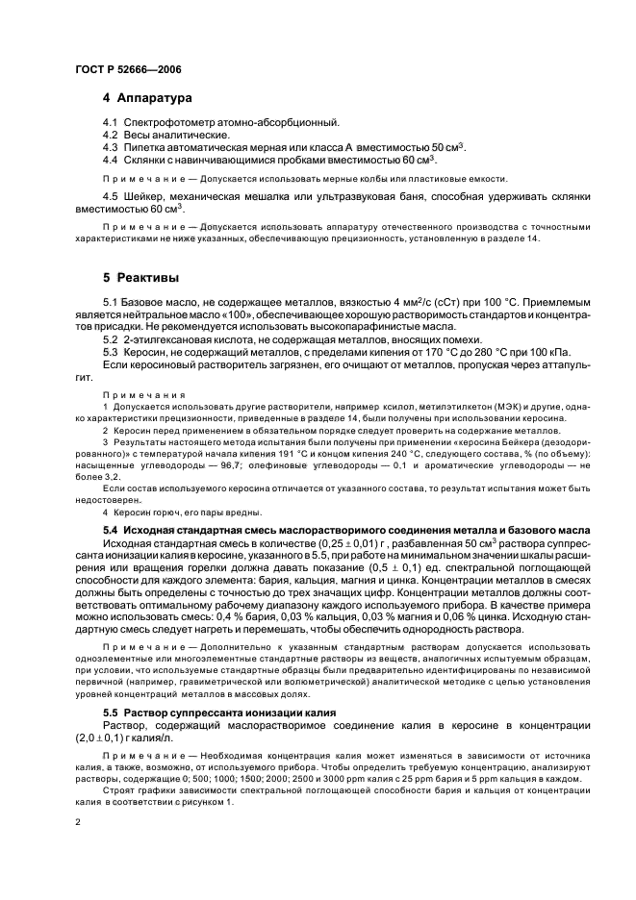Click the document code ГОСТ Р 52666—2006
pyautogui.click(x=127, y=70)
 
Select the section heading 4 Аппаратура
pyautogui.click(x=148, y=98)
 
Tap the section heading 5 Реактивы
pyautogui.click(x=140, y=278)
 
